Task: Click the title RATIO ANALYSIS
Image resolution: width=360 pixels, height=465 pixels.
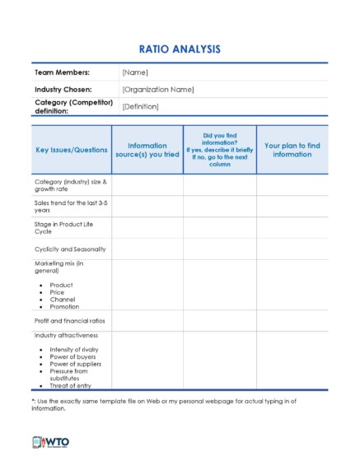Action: click(180, 49)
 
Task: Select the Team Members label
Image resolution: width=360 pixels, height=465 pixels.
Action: click(62, 72)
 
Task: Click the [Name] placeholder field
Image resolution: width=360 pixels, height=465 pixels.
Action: click(134, 72)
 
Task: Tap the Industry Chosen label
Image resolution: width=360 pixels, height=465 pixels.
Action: click(63, 89)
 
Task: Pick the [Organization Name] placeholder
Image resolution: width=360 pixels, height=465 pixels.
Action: click(157, 89)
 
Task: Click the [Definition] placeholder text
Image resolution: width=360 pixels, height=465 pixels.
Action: click(142, 107)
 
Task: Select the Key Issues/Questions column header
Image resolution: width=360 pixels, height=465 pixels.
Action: click(72, 150)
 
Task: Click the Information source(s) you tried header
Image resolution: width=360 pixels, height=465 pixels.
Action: click(147, 150)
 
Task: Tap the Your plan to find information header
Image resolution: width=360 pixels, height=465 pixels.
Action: click(292, 150)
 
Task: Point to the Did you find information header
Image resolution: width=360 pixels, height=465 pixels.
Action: click(219, 149)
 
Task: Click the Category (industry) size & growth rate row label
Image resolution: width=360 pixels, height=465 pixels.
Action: click(71, 184)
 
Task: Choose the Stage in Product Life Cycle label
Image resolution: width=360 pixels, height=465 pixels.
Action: click(66, 227)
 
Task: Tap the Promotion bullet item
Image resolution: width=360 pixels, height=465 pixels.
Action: click(65, 306)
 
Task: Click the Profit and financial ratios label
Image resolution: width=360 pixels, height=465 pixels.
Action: click(69, 320)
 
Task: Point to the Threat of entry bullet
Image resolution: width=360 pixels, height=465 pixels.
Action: click(73, 385)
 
